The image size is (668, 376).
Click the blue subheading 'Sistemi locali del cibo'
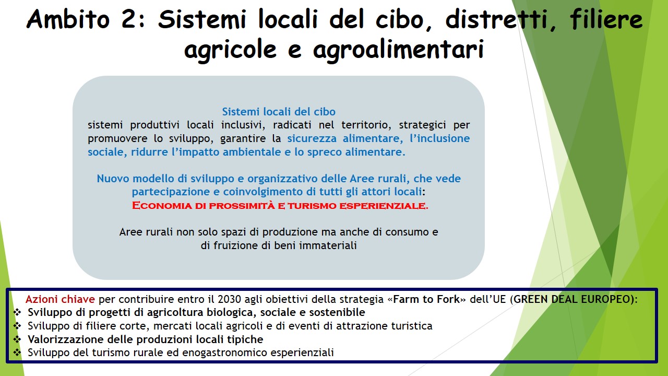click(x=279, y=112)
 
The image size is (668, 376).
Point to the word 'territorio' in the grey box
click(x=366, y=125)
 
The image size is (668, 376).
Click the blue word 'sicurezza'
click(x=312, y=138)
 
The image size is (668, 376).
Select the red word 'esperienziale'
click(x=384, y=206)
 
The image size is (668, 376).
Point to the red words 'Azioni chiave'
click(x=60, y=299)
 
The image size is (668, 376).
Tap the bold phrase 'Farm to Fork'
click(x=426, y=299)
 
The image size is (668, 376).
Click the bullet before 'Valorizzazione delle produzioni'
click(x=17, y=339)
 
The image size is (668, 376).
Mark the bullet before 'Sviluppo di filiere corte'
click(x=17, y=326)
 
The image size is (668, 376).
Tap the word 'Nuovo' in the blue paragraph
click(x=113, y=179)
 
